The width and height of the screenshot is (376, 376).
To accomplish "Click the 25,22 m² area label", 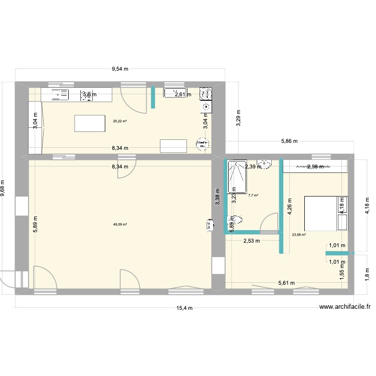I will pos(120,121).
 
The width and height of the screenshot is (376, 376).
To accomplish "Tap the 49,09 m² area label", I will pos(120,224).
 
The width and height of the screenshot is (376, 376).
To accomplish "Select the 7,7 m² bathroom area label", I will pos(253,196).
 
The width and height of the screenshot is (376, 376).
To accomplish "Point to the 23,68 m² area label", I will pos(299,234).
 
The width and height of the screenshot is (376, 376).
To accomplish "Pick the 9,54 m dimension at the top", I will pos(120,70).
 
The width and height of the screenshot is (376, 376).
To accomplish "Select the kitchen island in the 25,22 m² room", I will pos(89,123).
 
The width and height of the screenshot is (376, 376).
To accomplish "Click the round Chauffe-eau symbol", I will pos(203,143).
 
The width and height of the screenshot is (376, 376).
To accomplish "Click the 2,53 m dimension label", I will pos(252,241).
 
